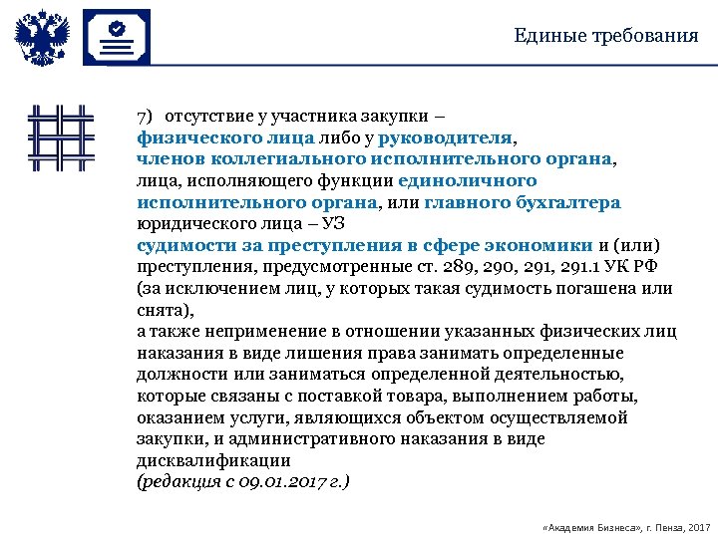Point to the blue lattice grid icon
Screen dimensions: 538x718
click(61, 137)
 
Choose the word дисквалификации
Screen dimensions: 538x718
click(213, 461)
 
